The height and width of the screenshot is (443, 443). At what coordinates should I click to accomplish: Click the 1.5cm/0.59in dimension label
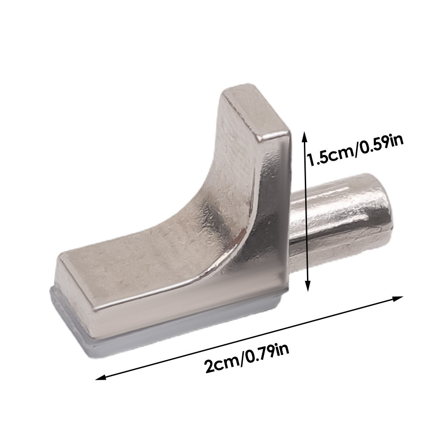click(355, 150)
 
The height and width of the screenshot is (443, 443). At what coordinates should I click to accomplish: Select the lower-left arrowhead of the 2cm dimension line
click(101, 377)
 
